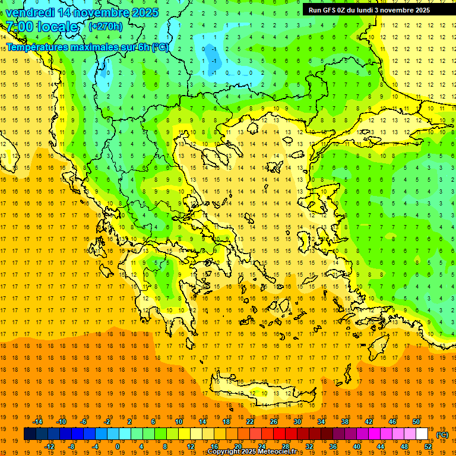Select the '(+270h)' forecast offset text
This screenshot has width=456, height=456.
click(x=105, y=26)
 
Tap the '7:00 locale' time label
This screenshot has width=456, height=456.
click(x=42, y=27)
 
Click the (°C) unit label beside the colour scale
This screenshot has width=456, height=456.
click(x=442, y=435)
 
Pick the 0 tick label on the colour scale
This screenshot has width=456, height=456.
click(x=118, y=446)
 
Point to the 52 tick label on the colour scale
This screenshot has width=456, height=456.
click(x=428, y=446)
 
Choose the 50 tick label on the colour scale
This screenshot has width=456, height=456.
click(x=416, y=422)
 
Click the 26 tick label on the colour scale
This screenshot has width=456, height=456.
click(x=274, y=422)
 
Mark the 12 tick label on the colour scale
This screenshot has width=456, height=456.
click(x=191, y=446)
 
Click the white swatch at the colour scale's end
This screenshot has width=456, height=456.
click(x=422, y=434)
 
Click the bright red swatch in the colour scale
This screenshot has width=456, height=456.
click(x=280, y=434)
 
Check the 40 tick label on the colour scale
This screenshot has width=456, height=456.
click(x=357, y=446)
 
